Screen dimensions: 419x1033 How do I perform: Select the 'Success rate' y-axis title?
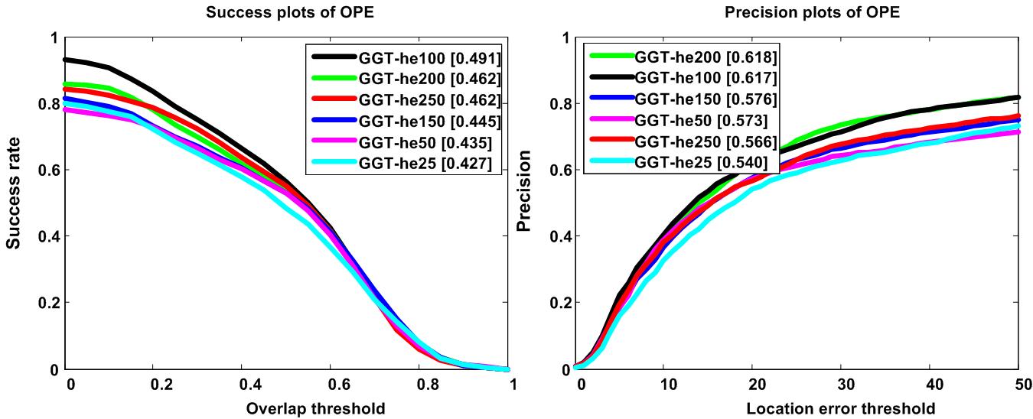pyautogui.click(x=13, y=203)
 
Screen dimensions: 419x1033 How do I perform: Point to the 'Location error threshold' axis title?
pyautogui.click(x=840, y=408)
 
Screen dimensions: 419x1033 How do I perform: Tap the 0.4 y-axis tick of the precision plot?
pyautogui.click(x=562, y=237)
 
